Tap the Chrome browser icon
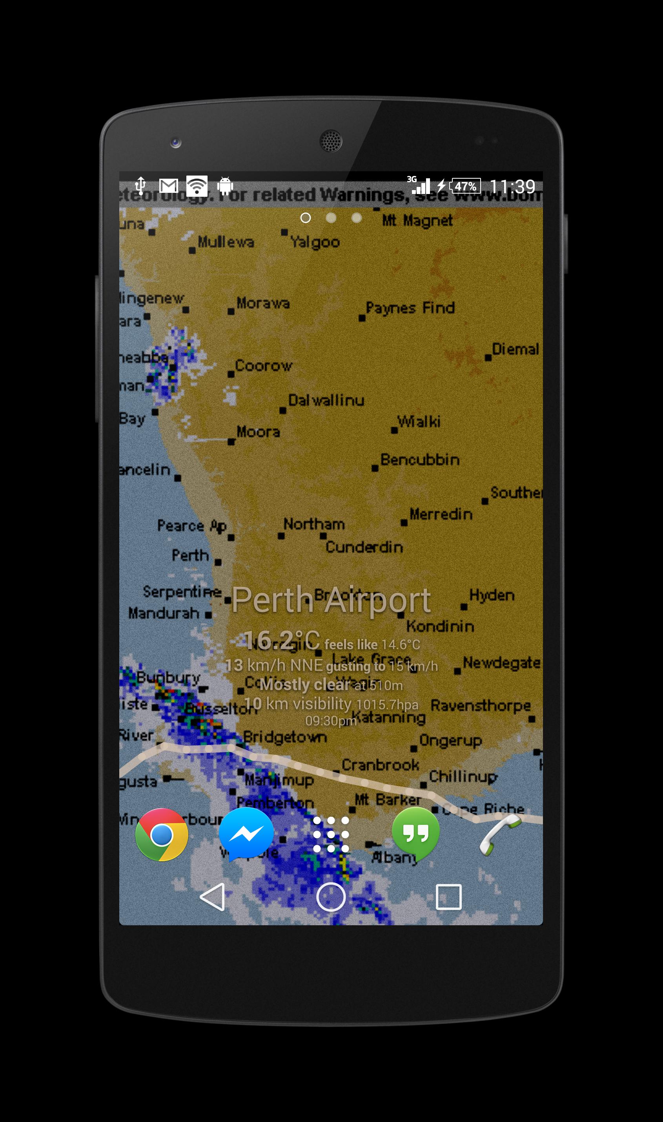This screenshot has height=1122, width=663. (161, 834)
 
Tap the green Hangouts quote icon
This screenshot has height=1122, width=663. (415, 833)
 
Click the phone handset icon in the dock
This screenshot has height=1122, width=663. (500, 835)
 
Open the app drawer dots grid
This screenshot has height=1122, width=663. (331, 834)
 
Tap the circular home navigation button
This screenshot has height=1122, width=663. (331, 897)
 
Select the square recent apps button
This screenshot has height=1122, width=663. (448, 897)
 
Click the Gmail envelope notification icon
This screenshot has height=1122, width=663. (169, 186)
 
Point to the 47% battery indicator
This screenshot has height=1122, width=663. (466, 186)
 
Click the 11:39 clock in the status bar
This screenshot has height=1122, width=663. (512, 187)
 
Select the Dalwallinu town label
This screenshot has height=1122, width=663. (326, 400)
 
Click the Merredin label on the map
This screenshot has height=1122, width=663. (441, 514)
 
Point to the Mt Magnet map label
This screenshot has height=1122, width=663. (417, 220)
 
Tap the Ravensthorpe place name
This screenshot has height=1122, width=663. (481, 705)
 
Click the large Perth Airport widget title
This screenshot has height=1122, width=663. (331, 600)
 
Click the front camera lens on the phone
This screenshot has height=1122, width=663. (176, 143)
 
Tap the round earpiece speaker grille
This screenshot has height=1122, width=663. (331, 141)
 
